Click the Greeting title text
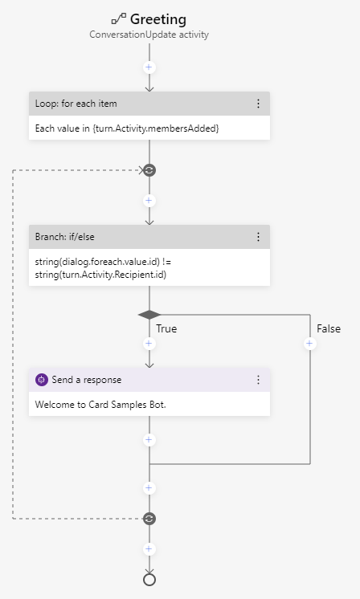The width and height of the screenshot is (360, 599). pos(157,19)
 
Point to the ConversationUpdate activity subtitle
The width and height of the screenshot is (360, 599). pos(149,35)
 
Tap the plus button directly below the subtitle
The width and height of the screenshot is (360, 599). pos(149,68)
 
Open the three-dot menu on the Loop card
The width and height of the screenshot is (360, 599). pos(258,104)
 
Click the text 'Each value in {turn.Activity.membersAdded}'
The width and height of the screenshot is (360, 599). pos(127,128)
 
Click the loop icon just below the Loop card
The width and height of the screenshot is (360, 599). pos(149,170)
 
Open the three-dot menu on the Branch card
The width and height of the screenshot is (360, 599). pos(258,237)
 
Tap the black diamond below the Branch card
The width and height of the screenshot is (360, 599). pos(149,315)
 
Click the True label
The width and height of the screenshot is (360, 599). pos(166,328)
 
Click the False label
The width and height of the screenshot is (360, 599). pos(328,328)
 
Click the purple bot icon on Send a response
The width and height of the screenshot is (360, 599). pos(42,379)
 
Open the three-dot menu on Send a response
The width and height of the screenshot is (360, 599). pos(258,379)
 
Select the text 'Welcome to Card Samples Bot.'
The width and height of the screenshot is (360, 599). pos(100,404)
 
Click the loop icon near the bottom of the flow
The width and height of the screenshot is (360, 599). pos(149,519)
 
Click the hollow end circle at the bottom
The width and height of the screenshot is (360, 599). pos(149,580)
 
